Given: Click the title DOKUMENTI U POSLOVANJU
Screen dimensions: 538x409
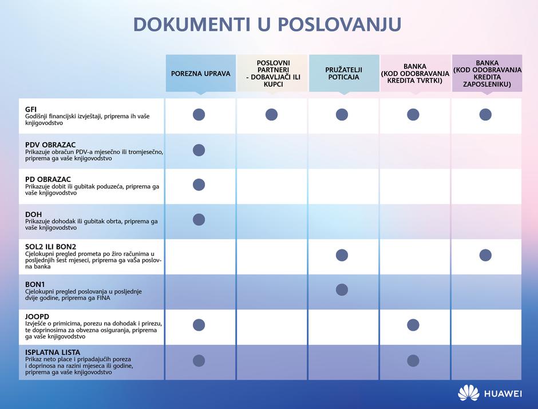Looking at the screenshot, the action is (x=267, y=25).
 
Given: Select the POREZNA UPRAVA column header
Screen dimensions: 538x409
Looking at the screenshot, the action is (x=200, y=73).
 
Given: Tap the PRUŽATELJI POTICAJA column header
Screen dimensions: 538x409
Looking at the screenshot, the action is (x=343, y=73).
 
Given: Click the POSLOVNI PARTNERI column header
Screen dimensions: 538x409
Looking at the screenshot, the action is (x=272, y=73).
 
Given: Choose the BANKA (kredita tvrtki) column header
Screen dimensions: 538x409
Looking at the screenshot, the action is (x=415, y=73).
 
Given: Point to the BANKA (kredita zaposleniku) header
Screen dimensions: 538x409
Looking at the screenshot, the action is (x=487, y=73).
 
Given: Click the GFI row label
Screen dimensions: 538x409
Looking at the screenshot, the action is (x=31, y=109).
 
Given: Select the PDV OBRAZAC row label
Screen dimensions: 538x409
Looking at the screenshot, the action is (x=50, y=144).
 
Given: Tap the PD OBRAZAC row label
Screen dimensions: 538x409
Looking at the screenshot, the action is (x=49, y=179).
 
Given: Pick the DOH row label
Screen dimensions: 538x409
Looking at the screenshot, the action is (x=33, y=214).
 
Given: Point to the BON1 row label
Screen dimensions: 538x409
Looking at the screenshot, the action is (x=35, y=284).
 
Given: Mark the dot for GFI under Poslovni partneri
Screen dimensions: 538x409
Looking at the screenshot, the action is (x=271, y=114).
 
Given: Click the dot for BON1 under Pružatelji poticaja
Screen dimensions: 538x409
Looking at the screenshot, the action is (x=342, y=289).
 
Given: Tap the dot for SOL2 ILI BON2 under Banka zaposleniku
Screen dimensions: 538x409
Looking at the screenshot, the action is (x=485, y=255).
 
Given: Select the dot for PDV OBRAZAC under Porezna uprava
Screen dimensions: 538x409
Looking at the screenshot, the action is (x=199, y=150).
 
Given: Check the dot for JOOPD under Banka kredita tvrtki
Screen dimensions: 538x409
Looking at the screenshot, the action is (x=413, y=325).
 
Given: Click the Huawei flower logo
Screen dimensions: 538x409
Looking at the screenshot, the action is (x=468, y=393).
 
